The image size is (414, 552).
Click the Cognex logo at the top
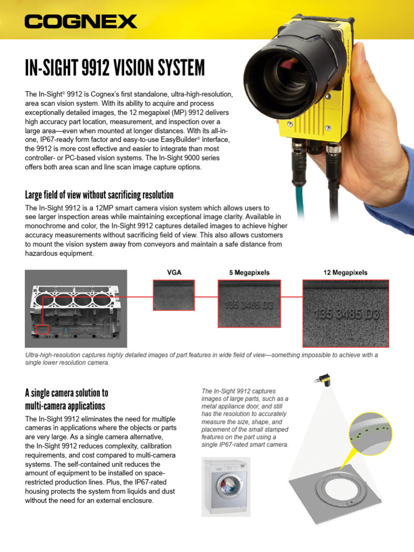81,22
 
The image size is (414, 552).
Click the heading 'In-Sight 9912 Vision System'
115,68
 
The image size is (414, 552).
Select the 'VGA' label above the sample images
174,272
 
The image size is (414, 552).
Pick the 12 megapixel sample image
346,314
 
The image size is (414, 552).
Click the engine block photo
75,308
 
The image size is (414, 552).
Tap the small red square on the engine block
43,329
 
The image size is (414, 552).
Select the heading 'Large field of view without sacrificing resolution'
99,195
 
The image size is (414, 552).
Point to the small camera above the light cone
324,381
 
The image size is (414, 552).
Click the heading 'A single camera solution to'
67,393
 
